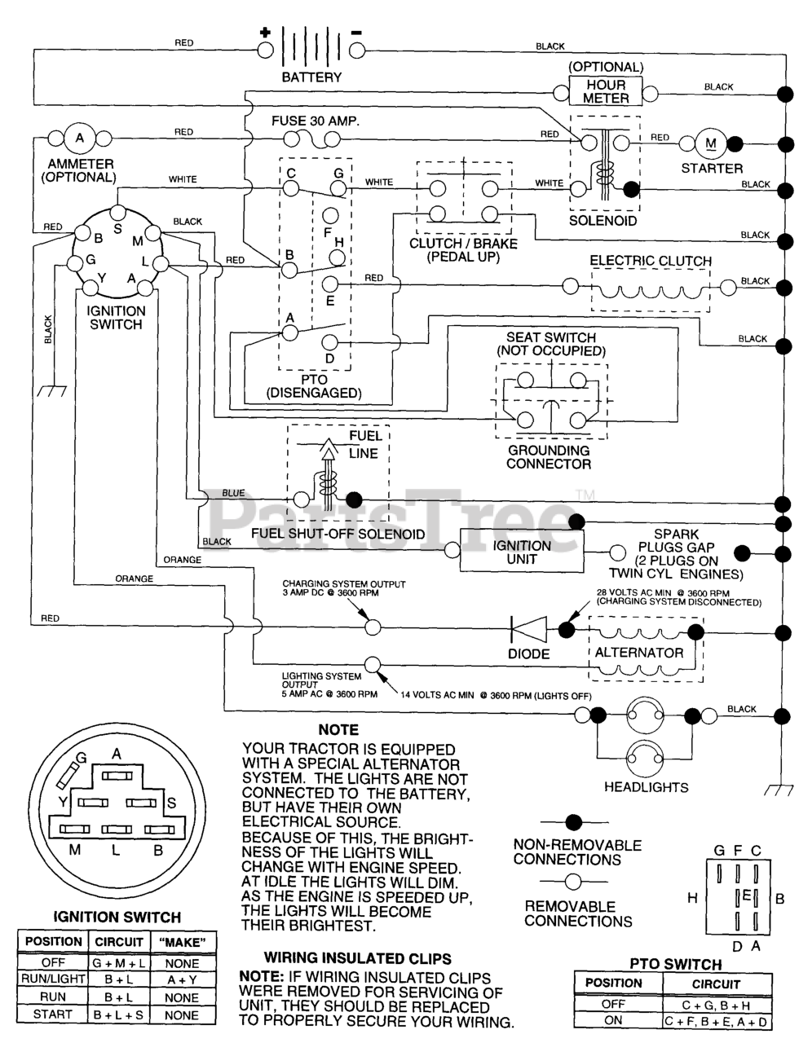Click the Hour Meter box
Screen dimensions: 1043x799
pyautogui.click(x=605, y=91)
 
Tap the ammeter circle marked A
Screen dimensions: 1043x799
pyautogui.click(x=79, y=139)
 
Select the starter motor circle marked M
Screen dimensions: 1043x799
pyautogui.click(x=710, y=144)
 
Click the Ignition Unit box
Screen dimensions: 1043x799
pyautogui.click(x=522, y=552)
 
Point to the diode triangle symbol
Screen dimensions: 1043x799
pyautogui.click(x=530, y=630)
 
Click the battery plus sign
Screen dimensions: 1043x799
pyautogui.click(x=264, y=33)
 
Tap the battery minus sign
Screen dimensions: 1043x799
pyautogui.click(x=356, y=33)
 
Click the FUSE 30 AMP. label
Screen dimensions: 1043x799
pyautogui.click(x=315, y=121)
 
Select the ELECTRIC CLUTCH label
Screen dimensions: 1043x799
pyautogui.click(x=651, y=262)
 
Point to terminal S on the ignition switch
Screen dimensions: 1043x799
pyautogui.click(x=117, y=229)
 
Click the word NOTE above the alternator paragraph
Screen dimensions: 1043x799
pyautogui.click(x=338, y=730)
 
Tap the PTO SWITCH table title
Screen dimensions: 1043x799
pyautogui.click(x=676, y=964)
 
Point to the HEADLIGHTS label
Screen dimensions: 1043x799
pyautogui.click(x=646, y=787)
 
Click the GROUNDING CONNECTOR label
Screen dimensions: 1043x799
pyautogui.click(x=549, y=457)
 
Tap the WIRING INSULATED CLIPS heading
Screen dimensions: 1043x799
pyautogui.click(x=357, y=959)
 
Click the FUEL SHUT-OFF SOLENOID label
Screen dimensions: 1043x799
pyautogui.click(x=338, y=535)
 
